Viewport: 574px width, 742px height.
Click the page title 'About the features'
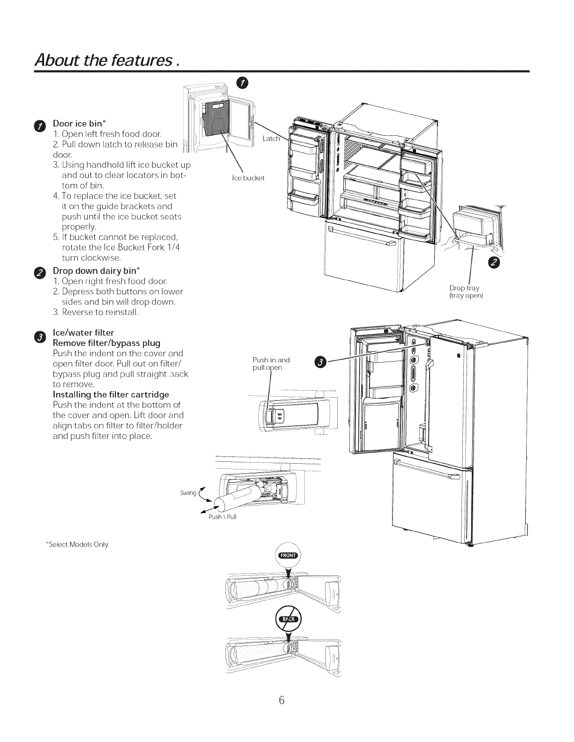[107, 59]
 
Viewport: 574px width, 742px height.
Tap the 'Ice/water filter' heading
[83, 332]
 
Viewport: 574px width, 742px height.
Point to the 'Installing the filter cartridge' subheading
[111, 394]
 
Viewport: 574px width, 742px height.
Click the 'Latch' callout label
[271, 139]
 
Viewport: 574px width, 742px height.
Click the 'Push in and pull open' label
[271, 363]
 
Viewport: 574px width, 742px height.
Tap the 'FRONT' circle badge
[288, 556]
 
